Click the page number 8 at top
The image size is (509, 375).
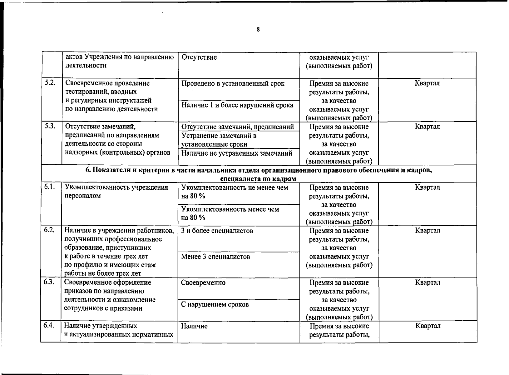coord(258,30)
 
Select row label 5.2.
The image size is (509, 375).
coord(49,83)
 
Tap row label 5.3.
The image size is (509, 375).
coord(49,126)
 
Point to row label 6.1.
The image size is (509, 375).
coord(49,187)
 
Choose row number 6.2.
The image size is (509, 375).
coord(49,230)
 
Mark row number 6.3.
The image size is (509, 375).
coord(49,282)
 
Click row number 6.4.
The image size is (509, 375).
coord(49,325)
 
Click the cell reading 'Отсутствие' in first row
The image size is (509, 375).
coord(199,57)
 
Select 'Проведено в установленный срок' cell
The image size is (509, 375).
coord(233,83)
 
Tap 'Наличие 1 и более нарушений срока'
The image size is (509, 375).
coord(237,105)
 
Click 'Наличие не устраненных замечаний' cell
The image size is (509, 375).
coord(237,153)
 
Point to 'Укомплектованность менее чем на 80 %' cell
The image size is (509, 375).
coord(230,213)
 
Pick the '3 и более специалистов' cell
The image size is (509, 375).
coord(217,231)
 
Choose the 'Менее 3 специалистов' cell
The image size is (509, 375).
coord(215,257)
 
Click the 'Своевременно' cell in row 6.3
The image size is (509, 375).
coord(203,282)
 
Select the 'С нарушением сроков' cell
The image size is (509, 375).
coord(215,304)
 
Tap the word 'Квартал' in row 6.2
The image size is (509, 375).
coord(427,230)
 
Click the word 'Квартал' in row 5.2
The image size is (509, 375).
coord(427,83)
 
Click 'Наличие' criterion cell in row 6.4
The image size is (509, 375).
coord(194,326)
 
